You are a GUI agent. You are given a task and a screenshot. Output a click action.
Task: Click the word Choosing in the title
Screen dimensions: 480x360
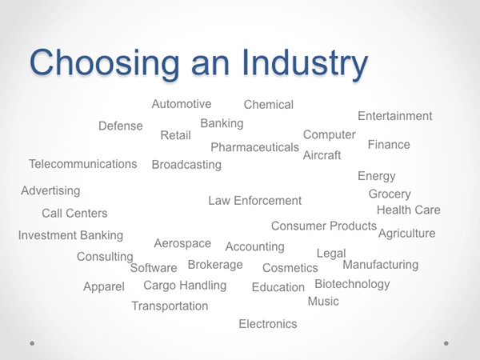(x=104, y=64)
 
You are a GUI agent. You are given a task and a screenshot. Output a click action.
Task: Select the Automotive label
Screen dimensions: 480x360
(x=182, y=104)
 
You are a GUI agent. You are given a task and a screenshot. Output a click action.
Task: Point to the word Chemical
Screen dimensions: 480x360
(x=269, y=105)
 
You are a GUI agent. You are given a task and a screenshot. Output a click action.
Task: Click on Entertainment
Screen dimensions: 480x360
(x=395, y=116)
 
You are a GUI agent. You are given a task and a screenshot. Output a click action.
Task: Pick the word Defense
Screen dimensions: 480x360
(x=121, y=126)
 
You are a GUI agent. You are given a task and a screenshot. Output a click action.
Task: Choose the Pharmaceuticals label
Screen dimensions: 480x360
(x=254, y=147)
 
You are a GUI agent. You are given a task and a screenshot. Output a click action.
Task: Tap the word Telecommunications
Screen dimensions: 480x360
(x=83, y=164)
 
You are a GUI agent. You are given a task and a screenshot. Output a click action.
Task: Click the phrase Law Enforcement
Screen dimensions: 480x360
(x=255, y=201)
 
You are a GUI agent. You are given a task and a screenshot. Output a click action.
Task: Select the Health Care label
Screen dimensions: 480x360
(x=408, y=210)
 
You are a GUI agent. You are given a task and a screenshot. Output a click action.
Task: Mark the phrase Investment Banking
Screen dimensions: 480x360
(x=70, y=236)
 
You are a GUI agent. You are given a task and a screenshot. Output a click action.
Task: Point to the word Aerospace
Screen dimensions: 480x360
(x=182, y=244)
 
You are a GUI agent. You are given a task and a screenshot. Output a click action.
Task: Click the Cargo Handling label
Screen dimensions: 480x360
(x=185, y=286)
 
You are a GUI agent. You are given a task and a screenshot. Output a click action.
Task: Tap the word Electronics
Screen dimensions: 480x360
(x=268, y=324)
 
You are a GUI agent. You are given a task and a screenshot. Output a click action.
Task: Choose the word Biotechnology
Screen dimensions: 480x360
(x=352, y=284)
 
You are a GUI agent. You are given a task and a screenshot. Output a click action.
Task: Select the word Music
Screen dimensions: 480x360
(x=323, y=302)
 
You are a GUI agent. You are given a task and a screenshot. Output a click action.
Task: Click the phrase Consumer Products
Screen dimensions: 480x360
(x=324, y=226)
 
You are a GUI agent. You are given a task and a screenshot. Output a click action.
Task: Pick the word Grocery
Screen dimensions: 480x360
(x=390, y=194)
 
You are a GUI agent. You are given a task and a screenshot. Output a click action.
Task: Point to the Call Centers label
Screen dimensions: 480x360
(x=74, y=214)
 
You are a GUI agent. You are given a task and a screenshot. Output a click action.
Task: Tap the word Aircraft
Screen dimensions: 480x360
(x=322, y=155)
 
